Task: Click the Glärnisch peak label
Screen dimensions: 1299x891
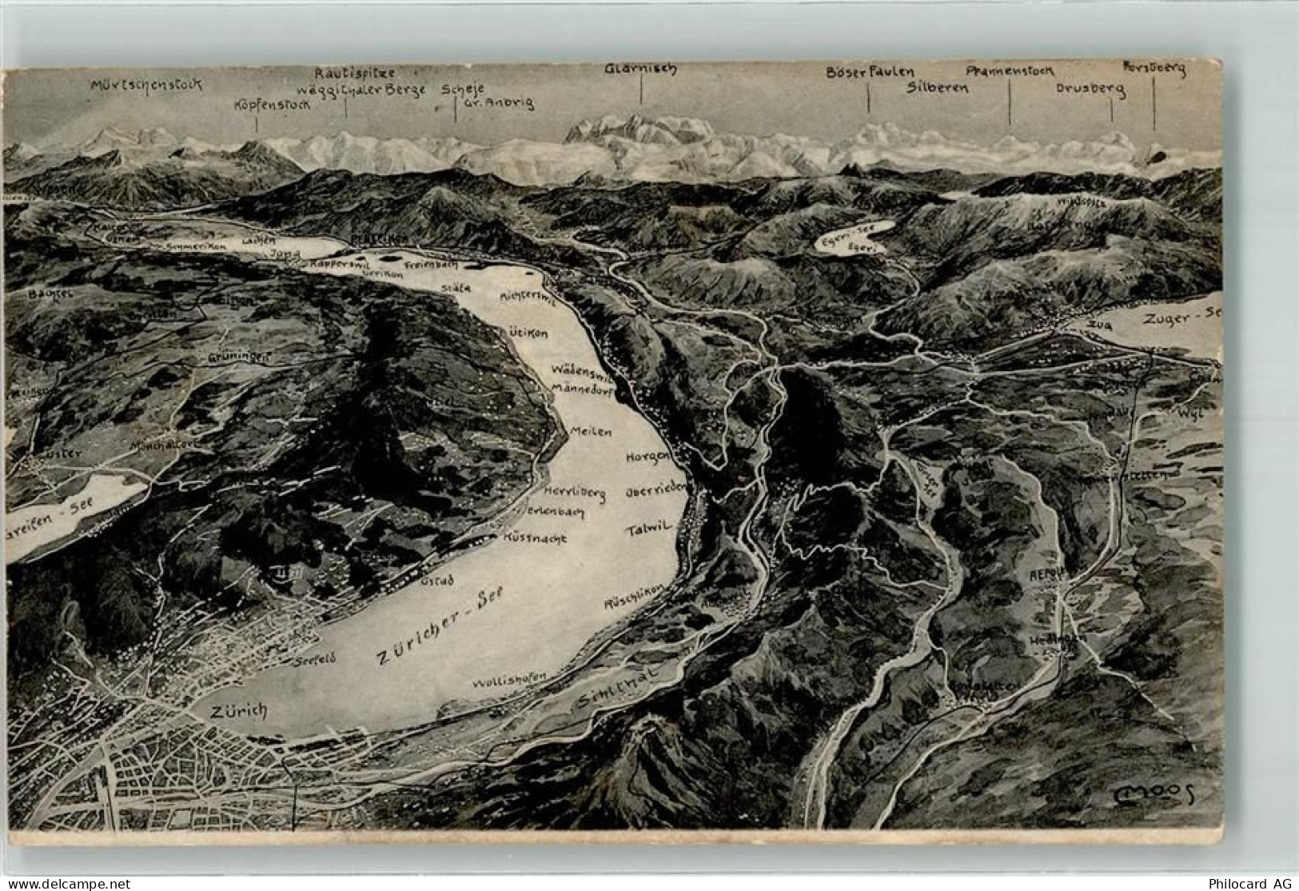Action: coord(640,69)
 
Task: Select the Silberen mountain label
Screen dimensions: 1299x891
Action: coord(937,88)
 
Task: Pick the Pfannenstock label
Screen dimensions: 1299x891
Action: coord(1010,71)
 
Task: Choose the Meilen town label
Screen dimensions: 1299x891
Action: coord(591,431)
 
